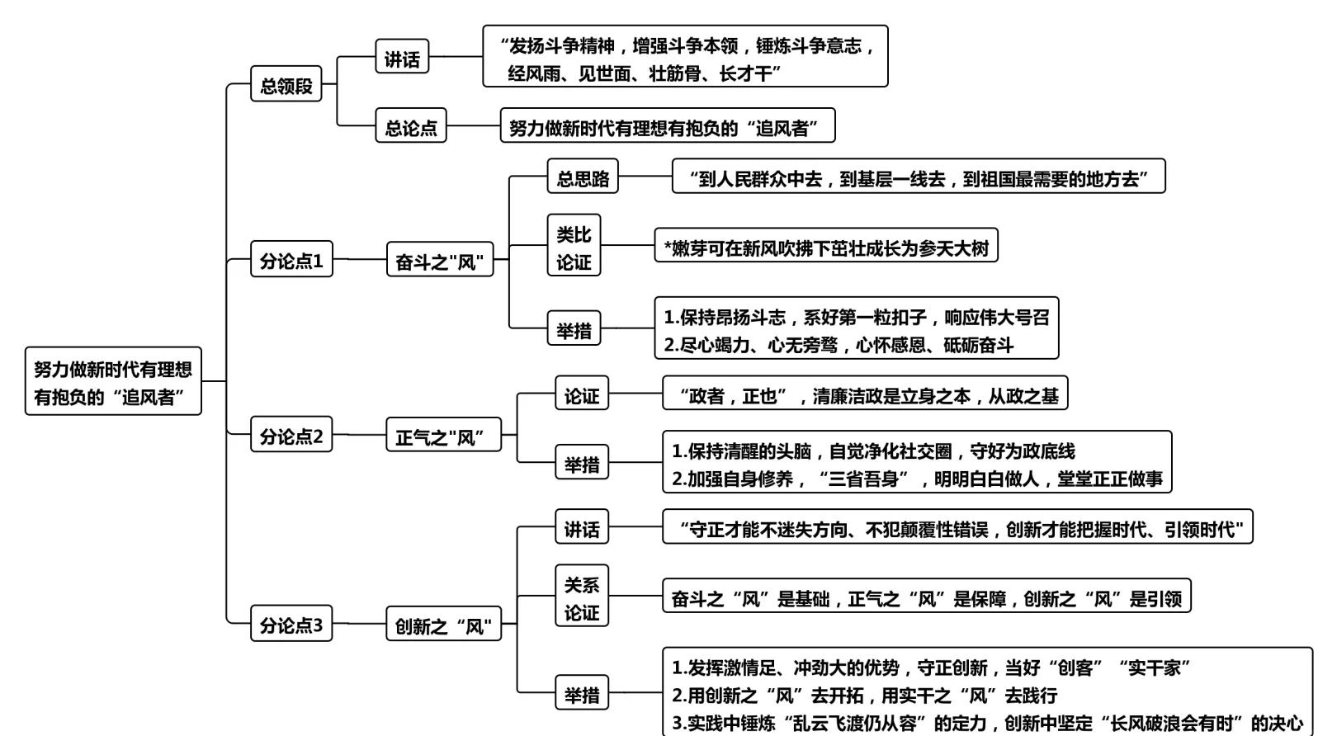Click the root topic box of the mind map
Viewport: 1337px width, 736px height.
113,381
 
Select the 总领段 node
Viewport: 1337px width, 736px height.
286,85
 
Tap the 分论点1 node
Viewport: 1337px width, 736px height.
291,260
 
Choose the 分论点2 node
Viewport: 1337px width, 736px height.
291,435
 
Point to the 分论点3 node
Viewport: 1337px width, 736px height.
291,624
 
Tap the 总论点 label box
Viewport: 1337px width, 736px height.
411,126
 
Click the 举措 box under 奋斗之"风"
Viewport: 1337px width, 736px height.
574,329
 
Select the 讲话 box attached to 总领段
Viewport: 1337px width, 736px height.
402,58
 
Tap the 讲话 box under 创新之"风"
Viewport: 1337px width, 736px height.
581,528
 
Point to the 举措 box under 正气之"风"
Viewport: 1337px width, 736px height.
581,463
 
